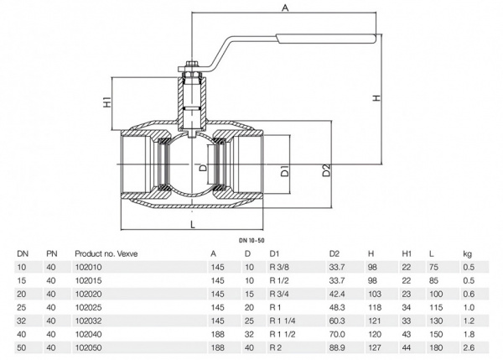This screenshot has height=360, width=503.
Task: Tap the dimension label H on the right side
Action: [377, 97]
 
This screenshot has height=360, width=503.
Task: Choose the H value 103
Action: [374, 294]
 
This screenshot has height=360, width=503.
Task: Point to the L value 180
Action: [434, 345]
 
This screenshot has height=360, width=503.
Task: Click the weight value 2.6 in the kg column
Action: [468, 345]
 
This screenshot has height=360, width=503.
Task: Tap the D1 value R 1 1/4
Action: [282, 320]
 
